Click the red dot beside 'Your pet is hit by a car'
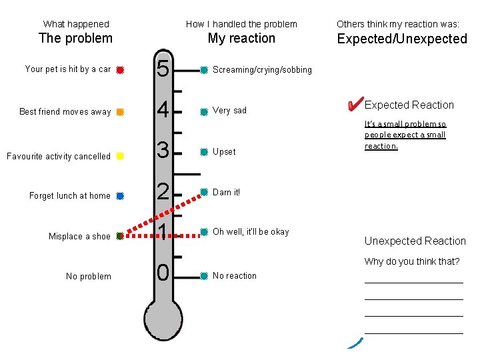(119, 69)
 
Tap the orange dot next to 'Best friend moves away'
(119, 112)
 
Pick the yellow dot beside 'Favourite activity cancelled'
(119, 156)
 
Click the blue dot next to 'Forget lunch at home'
(119, 196)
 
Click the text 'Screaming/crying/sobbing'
(262, 70)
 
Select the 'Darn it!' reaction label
(226, 193)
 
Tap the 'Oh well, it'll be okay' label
(251, 232)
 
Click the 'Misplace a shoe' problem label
(79, 237)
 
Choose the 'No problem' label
(89, 277)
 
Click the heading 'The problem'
(75, 38)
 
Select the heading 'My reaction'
(241, 38)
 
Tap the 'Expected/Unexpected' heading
(402, 39)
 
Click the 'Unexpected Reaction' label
(415, 241)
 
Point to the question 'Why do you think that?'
(411, 261)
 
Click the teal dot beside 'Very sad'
(204, 112)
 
